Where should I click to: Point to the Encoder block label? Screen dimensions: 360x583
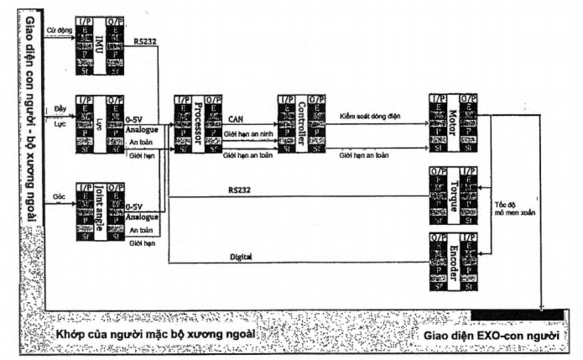pos(453,263)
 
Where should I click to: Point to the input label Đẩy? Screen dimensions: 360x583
pos(60,110)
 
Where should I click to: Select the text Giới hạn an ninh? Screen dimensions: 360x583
pos(247,134)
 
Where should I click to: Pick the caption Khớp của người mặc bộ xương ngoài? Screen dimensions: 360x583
pos(155,335)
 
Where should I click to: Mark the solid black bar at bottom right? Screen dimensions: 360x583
pos(517,314)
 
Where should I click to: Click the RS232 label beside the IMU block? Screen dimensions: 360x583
pos(143,41)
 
